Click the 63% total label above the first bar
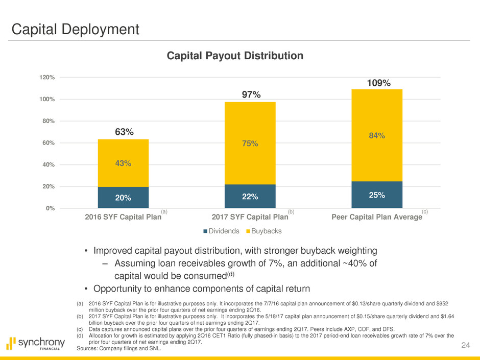point(124,132)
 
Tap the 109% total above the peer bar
point(377,83)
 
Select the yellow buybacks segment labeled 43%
point(123,163)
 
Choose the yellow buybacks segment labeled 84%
point(377,135)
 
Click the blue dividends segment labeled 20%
point(123,198)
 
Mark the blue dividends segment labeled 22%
point(250,197)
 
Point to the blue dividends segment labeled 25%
point(377,195)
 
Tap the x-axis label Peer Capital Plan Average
point(377,217)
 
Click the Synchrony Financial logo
point(36,343)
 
